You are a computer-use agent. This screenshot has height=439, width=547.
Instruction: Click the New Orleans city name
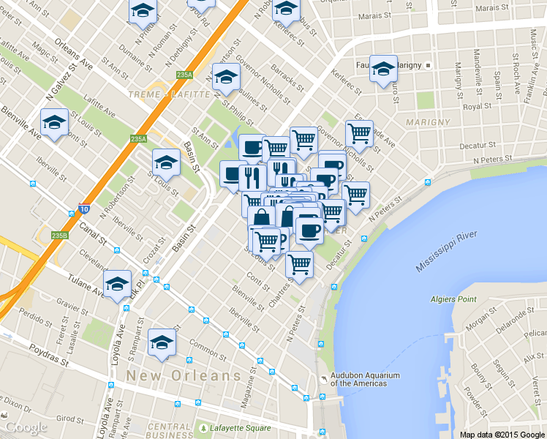(x=184, y=375)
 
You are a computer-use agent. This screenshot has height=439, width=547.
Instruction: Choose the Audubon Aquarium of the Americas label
(x=364, y=379)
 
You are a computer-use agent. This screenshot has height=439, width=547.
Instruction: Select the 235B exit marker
(x=60, y=235)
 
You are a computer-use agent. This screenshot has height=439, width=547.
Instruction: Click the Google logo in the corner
(x=26, y=427)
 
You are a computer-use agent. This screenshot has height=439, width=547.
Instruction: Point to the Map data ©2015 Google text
(x=502, y=434)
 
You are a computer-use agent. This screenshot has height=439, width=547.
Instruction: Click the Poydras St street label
(x=50, y=360)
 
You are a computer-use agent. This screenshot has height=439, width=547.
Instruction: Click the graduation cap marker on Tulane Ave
(x=117, y=284)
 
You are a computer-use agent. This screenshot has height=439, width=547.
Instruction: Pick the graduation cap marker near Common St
(x=162, y=342)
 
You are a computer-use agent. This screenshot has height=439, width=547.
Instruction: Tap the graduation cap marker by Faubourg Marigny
(x=383, y=70)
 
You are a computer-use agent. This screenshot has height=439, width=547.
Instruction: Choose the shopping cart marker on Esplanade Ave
(x=359, y=134)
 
